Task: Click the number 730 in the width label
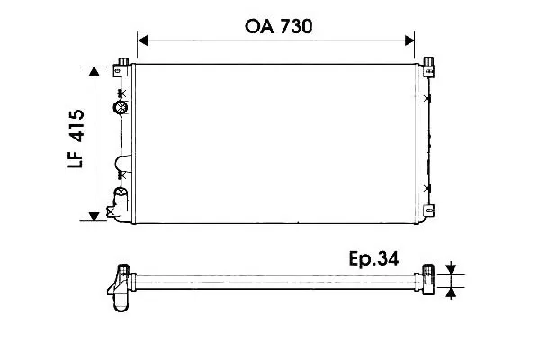[296, 26]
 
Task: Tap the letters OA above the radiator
[259, 26]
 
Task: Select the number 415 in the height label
[76, 126]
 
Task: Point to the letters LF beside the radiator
[76, 158]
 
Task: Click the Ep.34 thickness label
[373, 258]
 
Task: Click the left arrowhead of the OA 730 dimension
[142, 40]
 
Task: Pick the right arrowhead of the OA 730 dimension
[409, 40]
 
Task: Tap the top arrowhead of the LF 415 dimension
[94, 71]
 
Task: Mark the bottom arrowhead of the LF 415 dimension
[94, 217]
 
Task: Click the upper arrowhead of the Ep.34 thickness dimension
[451, 269]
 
